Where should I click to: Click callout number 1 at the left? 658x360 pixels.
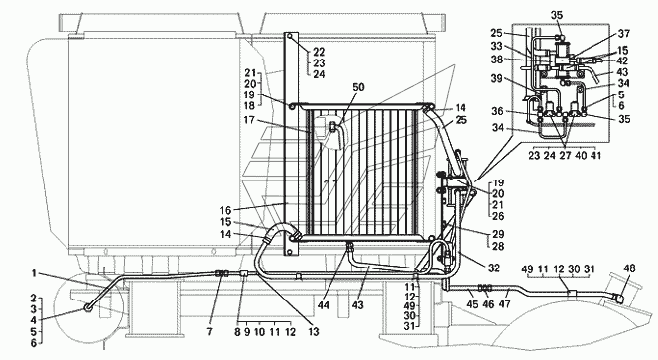point(33,273)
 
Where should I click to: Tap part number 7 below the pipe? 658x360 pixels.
point(209,332)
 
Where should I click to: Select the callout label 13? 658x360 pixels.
point(313,332)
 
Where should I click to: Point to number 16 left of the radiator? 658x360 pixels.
point(225,210)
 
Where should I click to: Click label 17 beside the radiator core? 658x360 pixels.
point(249,120)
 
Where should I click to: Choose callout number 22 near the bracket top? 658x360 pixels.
point(319,52)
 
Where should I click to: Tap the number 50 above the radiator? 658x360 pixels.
point(359,87)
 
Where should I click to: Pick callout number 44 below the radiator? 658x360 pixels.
point(324,305)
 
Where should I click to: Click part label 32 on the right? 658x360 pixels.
point(494,267)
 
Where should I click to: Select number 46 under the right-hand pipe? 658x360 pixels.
point(489,303)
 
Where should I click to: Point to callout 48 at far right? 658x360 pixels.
point(629,268)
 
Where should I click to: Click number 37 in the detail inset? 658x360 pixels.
point(624,33)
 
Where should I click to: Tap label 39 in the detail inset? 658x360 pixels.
point(497,79)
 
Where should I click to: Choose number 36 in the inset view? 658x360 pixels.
point(497,111)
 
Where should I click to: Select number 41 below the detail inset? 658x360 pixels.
point(595,156)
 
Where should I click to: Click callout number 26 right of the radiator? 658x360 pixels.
point(498,216)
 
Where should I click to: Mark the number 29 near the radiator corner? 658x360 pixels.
point(498,234)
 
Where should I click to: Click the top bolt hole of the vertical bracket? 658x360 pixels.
point(289,37)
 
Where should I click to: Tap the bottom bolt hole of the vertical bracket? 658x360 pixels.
point(289,252)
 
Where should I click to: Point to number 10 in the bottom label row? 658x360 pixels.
point(259,332)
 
